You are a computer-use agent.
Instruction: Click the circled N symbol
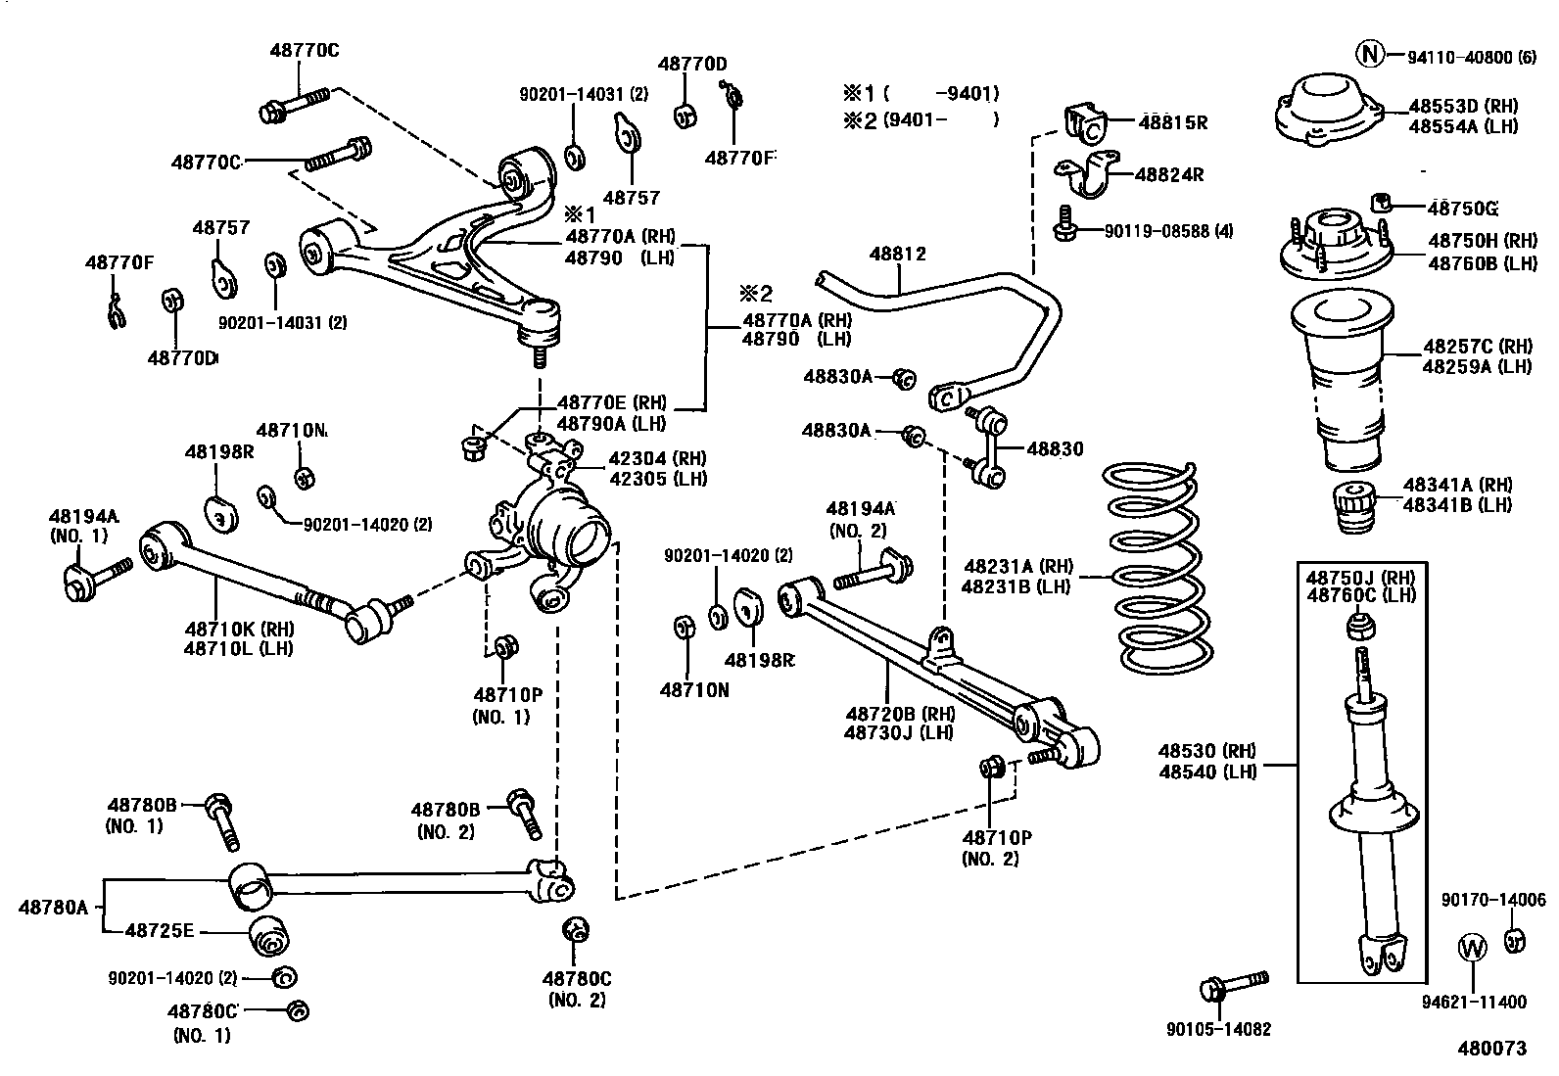(1370, 55)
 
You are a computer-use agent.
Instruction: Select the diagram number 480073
(1491, 1049)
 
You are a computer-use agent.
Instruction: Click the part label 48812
(897, 255)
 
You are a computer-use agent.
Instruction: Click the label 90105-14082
(1218, 1029)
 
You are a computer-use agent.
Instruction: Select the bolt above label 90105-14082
(1236, 982)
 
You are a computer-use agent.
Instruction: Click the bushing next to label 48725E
(270, 938)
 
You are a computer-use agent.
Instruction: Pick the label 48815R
(1172, 122)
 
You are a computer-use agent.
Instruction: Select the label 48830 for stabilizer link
(1055, 449)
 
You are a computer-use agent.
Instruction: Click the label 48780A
(53, 907)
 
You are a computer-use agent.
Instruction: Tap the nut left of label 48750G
(1383, 203)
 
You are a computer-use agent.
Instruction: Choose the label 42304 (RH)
(657, 458)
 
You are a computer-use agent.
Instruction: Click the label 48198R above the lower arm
(219, 452)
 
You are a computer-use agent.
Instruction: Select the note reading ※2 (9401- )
(921, 120)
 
